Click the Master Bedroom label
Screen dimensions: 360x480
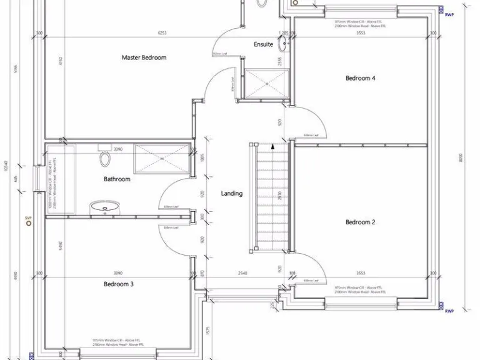point(144,57)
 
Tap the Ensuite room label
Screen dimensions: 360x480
point(263,44)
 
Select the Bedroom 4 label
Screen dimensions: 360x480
point(361,78)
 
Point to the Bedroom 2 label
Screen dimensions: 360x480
point(360,222)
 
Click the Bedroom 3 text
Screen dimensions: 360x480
point(119,284)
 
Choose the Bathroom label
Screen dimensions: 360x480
point(117,179)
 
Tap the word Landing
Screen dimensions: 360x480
point(232,194)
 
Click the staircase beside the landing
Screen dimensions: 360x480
point(271,197)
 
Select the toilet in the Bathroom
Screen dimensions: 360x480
point(104,159)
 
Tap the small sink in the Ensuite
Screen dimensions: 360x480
point(284,43)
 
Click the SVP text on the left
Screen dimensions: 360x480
point(28,217)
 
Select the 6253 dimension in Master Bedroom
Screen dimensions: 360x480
point(162,33)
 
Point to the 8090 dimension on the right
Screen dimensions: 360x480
point(460,159)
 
